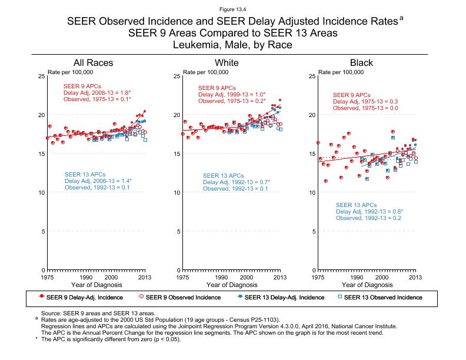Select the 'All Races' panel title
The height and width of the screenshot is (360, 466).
pos(93,63)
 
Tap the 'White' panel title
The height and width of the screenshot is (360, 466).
pos(227,63)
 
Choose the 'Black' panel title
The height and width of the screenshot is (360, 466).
pos(361,63)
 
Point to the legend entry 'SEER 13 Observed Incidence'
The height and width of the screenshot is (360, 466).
pos(383,297)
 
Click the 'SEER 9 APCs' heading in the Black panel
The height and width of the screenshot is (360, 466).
pos(352,95)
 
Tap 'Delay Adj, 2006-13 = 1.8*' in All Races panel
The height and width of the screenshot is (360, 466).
pos(97,92)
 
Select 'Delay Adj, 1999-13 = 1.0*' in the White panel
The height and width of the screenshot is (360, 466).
pos(232,95)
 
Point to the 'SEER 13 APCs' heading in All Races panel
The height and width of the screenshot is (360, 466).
pos(84,174)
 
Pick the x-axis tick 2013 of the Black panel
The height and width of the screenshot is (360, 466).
pos(415,276)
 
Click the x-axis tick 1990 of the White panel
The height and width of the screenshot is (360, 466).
pos(221,276)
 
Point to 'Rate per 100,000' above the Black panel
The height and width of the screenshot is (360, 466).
pos(341,72)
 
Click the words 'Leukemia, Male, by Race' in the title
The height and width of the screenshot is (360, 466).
pos(232,44)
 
